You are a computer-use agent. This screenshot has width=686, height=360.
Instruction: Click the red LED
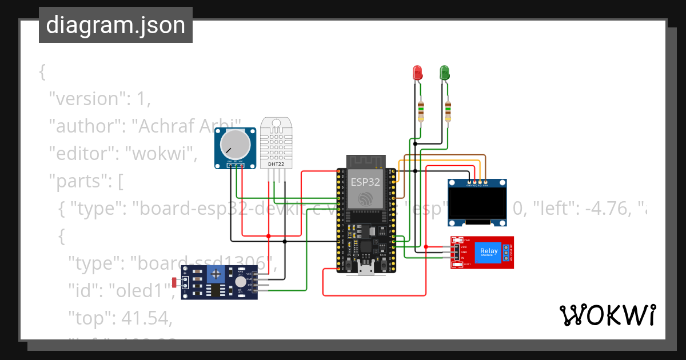(417, 73)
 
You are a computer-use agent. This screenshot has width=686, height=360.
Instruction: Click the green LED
(444, 73)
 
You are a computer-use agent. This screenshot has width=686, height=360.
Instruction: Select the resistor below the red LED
(421, 110)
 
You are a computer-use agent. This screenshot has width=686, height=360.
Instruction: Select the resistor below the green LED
(448, 110)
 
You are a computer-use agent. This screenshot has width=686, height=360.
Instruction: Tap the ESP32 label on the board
(364, 182)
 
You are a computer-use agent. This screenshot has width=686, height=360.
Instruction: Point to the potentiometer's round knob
(234, 143)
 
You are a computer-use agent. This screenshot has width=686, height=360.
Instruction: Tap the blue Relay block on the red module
(489, 251)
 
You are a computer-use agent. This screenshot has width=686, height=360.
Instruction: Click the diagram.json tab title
(115, 25)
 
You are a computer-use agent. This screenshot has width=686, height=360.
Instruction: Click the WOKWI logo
(607, 315)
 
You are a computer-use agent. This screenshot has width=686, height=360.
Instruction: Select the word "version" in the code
(86, 99)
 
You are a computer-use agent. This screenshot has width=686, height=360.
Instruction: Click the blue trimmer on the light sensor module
(216, 274)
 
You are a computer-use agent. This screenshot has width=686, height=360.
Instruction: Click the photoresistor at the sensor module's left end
(176, 282)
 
